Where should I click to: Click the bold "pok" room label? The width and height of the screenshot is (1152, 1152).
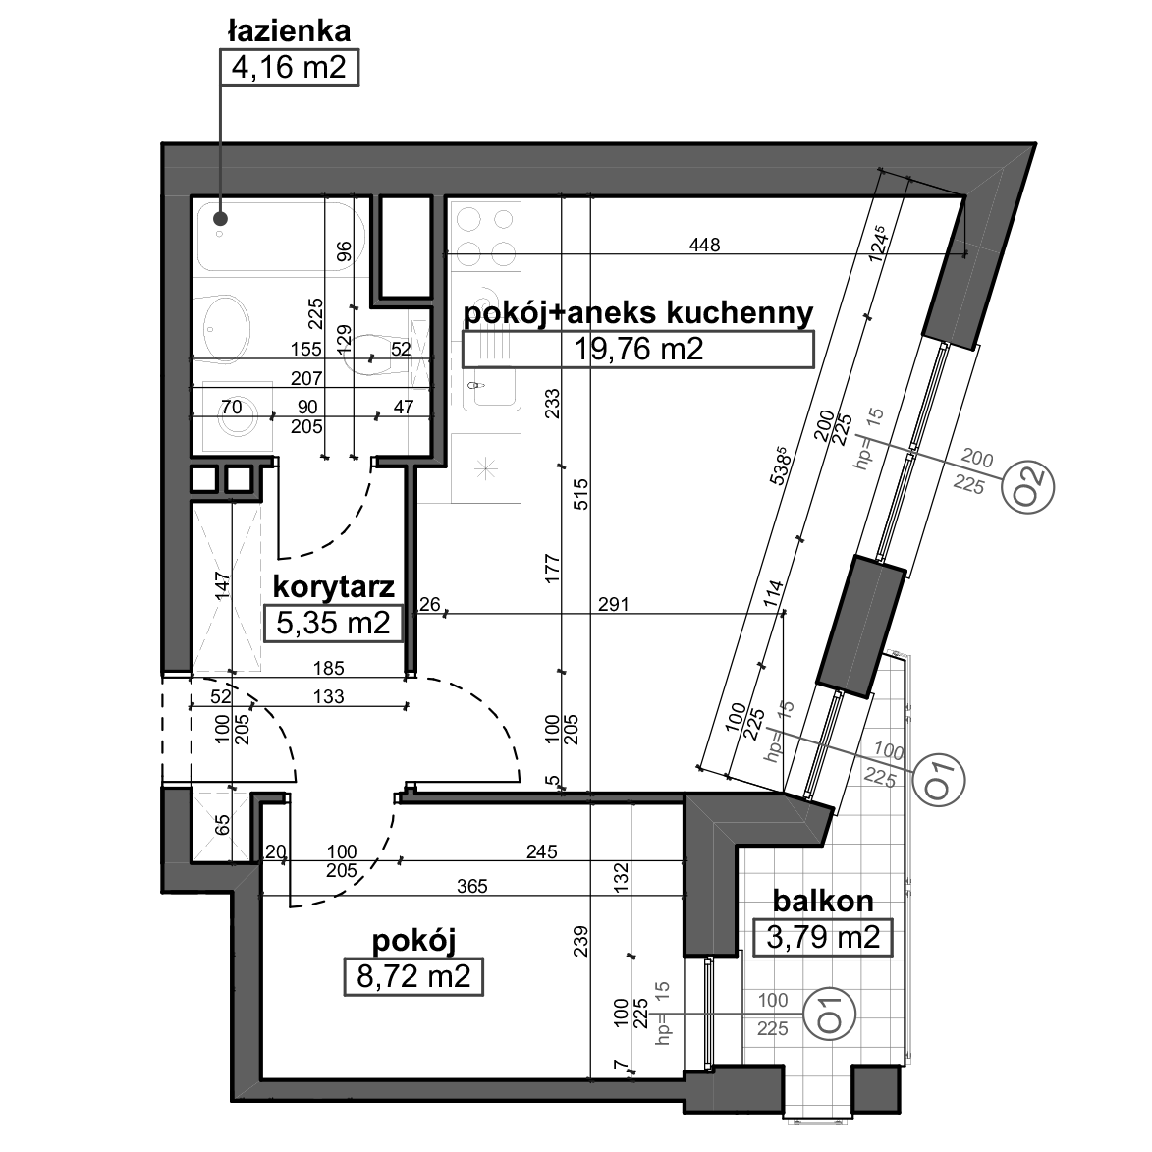(490, 314)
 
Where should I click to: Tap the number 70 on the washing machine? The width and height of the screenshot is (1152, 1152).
(231, 407)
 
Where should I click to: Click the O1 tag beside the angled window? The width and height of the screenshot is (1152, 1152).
(939, 780)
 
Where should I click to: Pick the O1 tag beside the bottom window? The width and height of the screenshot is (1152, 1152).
(829, 1013)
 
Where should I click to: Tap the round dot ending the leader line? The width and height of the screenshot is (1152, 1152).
(221, 219)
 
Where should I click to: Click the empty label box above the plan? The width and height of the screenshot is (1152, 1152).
(289, 68)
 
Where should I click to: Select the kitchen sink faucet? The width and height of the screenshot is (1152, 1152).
(478, 385)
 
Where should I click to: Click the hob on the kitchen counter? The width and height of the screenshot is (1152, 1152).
(485, 236)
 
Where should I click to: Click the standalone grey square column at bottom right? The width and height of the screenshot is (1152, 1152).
(875, 1089)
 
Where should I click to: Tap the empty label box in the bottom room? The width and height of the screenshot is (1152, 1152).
(413, 977)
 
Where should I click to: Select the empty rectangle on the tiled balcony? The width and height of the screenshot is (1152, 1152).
(822, 937)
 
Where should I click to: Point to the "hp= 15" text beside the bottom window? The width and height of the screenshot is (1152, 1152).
(663, 1012)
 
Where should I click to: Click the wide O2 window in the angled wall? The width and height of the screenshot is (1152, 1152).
(917, 451)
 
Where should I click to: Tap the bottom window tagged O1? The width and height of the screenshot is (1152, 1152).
(713, 1013)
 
